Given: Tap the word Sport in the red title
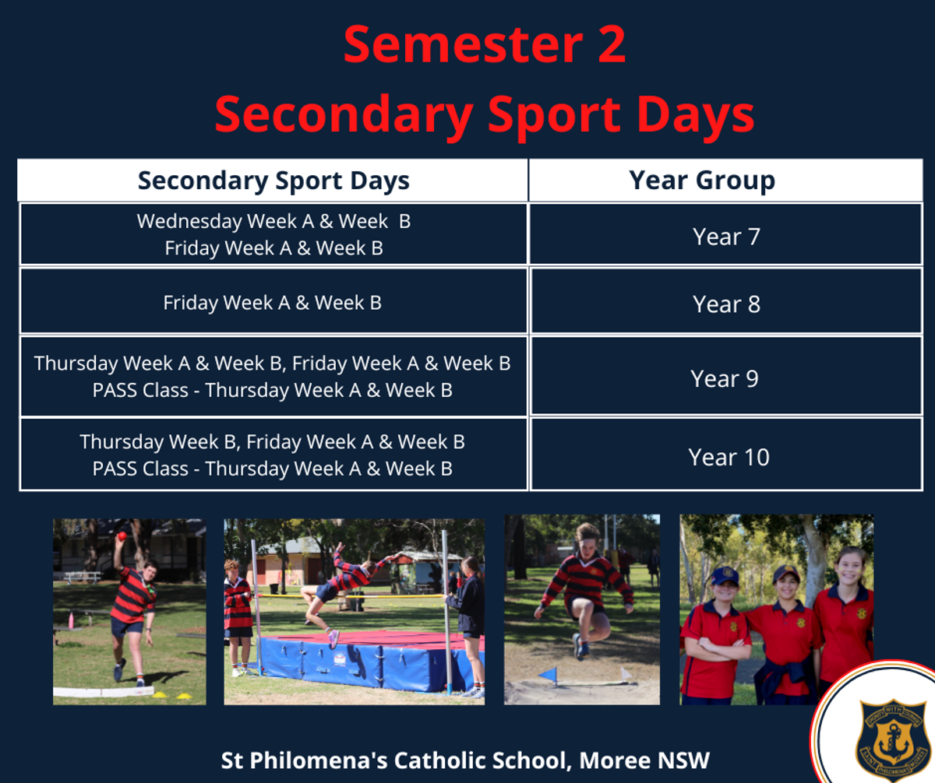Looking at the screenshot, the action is [x=555, y=116].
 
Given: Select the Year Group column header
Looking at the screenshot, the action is [x=702, y=181].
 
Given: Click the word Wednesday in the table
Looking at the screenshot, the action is [x=189, y=222].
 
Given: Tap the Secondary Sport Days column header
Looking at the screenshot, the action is [x=273, y=181].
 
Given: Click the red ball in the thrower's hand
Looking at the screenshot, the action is [x=122, y=535].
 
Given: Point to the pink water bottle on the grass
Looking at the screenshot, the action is [x=71, y=620].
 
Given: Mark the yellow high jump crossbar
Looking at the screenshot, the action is [x=349, y=596].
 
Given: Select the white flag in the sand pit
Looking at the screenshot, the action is [x=625, y=672].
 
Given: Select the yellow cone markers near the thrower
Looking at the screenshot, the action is [x=171, y=695].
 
